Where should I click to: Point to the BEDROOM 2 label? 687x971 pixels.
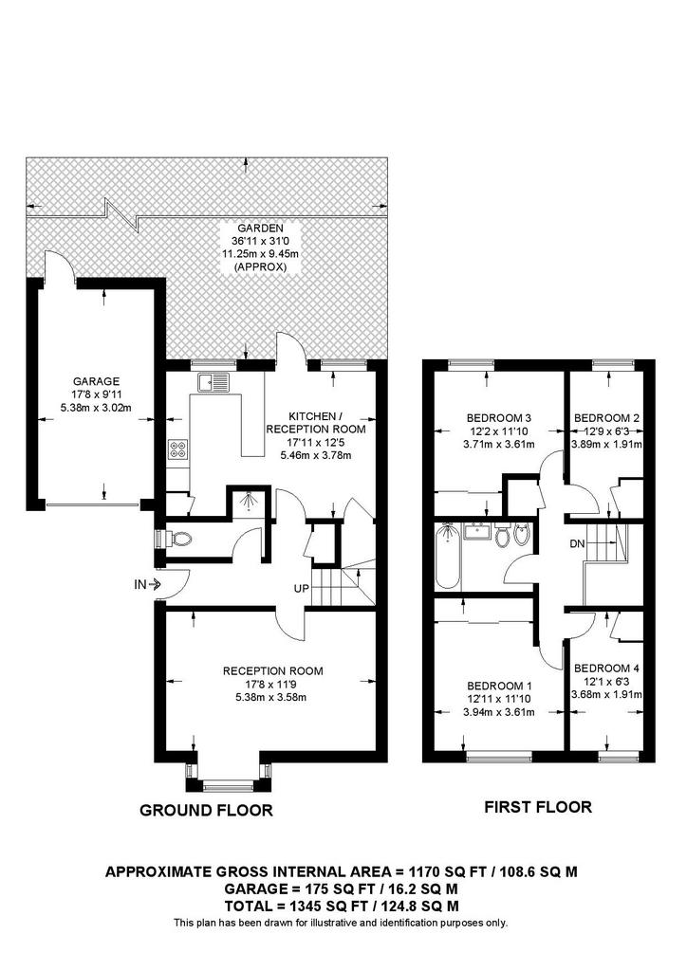click(607, 418)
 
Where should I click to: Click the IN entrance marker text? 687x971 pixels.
click(139, 584)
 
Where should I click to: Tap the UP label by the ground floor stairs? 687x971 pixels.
click(303, 590)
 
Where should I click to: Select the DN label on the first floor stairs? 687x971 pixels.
click(576, 543)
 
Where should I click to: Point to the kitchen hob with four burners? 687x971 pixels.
click(177, 449)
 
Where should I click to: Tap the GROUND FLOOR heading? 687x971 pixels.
click(206, 810)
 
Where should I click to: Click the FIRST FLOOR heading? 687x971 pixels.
click(537, 807)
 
